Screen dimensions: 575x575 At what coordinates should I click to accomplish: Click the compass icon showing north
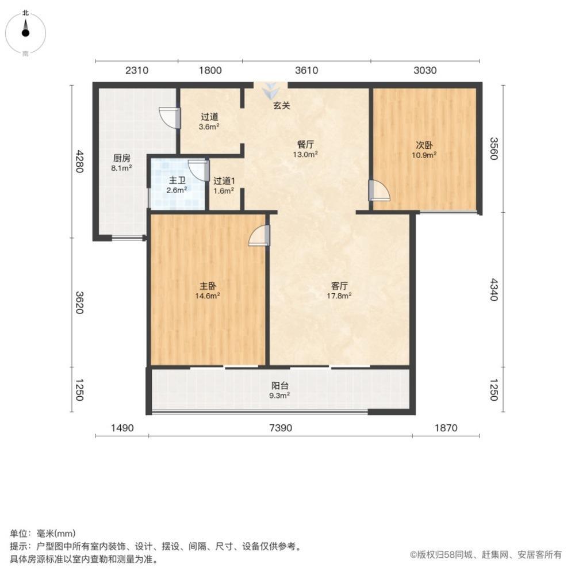pyautogui.click(x=25, y=32)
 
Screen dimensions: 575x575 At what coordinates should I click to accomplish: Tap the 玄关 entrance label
pyautogui.click(x=281, y=106)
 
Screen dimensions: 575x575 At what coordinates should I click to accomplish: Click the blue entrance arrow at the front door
pyautogui.click(x=270, y=90)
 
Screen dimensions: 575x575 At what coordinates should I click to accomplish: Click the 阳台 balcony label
pyautogui.click(x=280, y=386)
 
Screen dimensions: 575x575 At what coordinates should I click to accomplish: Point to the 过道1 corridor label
pyautogui.click(x=224, y=181)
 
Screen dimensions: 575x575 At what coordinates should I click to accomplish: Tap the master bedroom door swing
pyautogui.click(x=259, y=236)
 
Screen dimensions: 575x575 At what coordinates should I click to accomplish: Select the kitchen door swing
pyautogui.click(x=170, y=117)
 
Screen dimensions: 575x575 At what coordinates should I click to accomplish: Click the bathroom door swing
pyautogui.click(x=198, y=171)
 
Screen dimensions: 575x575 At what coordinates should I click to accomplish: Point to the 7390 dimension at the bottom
pyautogui.click(x=280, y=428)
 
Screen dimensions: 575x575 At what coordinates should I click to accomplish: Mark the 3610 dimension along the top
pyautogui.click(x=306, y=71)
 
